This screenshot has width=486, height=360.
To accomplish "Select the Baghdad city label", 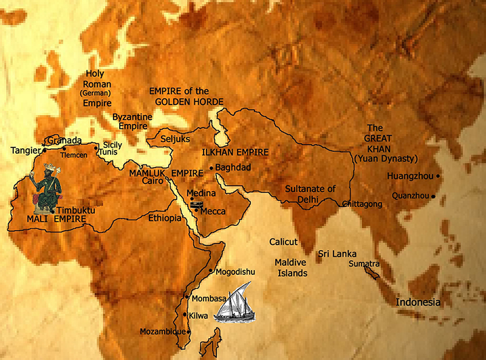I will [233, 168].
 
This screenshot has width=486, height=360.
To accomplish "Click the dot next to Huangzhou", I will [438, 176].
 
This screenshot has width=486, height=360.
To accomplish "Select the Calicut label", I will [284, 242].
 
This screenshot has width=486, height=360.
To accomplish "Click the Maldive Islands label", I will [291, 268].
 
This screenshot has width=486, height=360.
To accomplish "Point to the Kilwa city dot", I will [185, 314].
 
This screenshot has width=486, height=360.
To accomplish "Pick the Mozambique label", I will [163, 331].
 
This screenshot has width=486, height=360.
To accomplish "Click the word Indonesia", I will [419, 302].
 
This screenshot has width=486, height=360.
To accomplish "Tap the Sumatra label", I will [364, 263].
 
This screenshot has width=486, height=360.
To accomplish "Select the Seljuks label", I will [175, 139].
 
